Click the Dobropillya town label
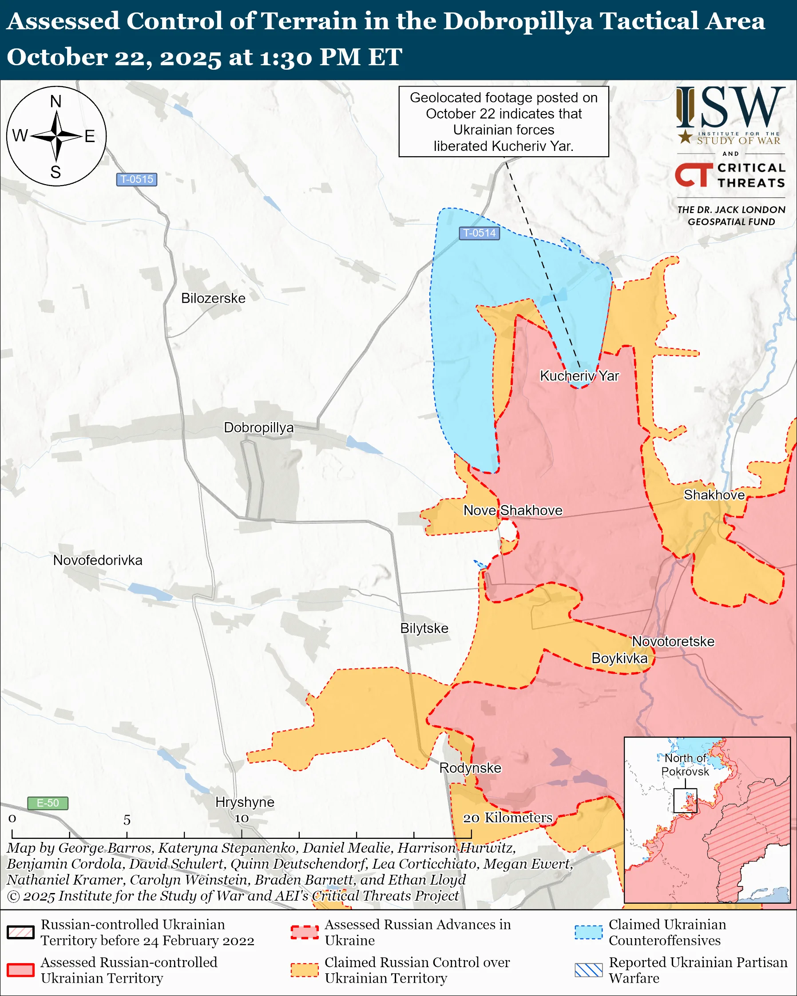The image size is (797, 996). [x=258, y=427]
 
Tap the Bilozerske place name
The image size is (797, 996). [x=213, y=298]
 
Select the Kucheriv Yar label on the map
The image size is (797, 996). [x=579, y=375]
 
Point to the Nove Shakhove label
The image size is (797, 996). [x=513, y=510]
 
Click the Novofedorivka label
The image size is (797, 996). [x=98, y=561]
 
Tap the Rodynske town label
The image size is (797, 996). [x=470, y=768]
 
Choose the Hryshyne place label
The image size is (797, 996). [x=244, y=802]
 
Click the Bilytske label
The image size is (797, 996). [x=424, y=628]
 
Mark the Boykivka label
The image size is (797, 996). [x=619, y=658]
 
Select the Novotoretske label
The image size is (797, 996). [x=673, y=641]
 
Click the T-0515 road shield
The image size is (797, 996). [x=136, y=179]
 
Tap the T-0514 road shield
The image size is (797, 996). [x=479, y=233]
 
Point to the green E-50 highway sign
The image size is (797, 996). [x=48, y=803]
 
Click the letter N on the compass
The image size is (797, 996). [x=56, y=101]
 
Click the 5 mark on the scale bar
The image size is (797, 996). [x=127, y=820]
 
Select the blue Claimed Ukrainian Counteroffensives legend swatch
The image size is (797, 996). [x=589, y=932]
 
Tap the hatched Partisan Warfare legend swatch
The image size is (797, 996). [x=589, y=970]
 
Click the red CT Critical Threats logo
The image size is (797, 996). [x=693, y=174]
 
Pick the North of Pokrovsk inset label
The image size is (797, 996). [x=685, y=765]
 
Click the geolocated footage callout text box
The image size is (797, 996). [x=504, y=122]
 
